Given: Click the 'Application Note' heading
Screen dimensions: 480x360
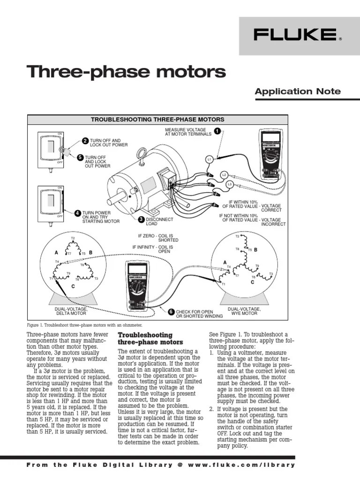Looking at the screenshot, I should [x=298, y=91].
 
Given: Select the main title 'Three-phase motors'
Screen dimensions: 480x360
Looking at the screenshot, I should [x=127, y=72].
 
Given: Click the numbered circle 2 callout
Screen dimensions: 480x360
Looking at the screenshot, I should [x=85, y=141].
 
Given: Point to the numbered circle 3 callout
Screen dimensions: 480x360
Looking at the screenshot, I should [x=141, y=219].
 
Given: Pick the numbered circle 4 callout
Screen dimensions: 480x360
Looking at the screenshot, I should [x=78, y=213].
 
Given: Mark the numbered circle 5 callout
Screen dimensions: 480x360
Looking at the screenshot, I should [x=80, y=157].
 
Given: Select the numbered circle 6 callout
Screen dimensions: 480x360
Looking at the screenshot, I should [x=171, y=311].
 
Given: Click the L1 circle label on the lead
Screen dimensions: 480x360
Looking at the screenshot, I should [x=210, y=159].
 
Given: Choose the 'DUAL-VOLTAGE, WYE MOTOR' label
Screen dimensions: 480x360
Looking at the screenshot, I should [x=244, y=311].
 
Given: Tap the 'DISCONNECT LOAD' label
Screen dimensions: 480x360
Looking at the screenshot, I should [x=159, y=221].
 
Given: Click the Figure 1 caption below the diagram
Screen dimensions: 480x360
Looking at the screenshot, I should [x=84, y=325].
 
